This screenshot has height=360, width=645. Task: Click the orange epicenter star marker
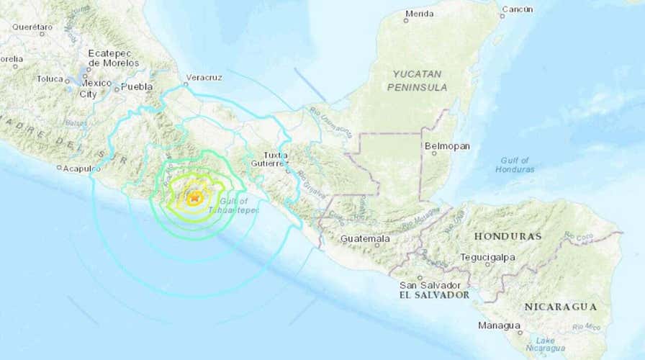tap(194, 196)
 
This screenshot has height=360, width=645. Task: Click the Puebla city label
tap(137, 86)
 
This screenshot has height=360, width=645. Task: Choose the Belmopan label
tap(447, 146)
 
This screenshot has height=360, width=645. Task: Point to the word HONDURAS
tap(508, 236)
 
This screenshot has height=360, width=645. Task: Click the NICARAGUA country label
tap(560, 307)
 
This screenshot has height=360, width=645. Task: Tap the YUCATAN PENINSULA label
tap(420, 80)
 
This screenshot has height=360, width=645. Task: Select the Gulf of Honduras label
tap(515, 164)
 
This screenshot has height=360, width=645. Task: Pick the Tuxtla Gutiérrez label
tap(275, 159)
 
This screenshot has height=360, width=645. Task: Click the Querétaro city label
tap(32, 27)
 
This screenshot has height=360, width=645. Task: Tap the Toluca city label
tap(50, 78)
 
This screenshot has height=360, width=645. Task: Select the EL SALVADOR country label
tap(435, 295)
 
